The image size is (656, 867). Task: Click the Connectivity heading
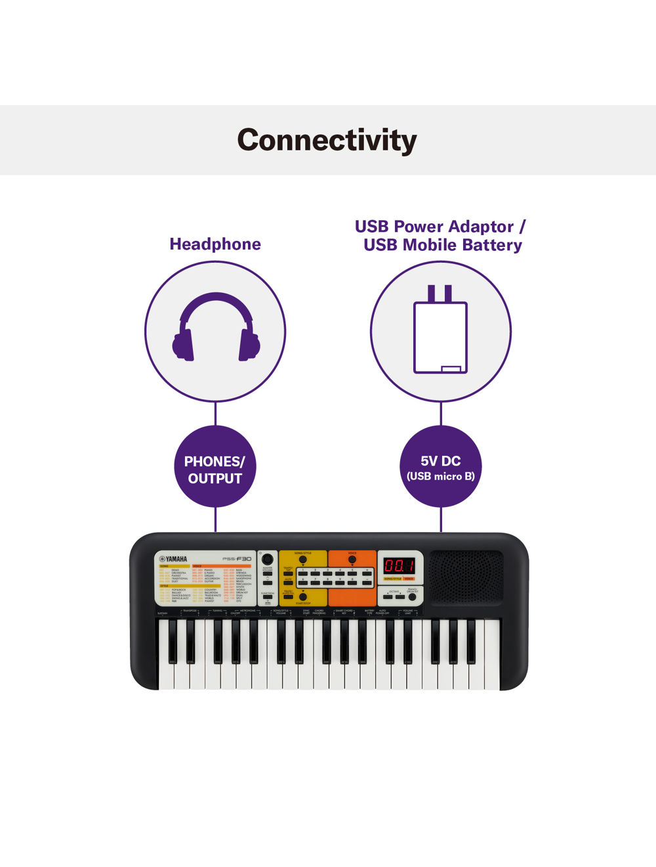(327, 140)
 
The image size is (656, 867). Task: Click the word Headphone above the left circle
(215, 244)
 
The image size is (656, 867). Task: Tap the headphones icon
(216, 327)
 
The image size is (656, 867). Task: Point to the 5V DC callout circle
(440, 467)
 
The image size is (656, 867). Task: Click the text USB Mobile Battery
(443, 245)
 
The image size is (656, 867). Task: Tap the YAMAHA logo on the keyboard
(173, 559)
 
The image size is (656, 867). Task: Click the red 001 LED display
(399, 566)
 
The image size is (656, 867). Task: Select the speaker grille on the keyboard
(466, 577)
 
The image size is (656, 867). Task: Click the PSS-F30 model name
(237, 559)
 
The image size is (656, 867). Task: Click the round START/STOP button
(302, 597)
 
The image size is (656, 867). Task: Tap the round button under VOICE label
(352, 560)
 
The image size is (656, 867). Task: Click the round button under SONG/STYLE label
(302, 560)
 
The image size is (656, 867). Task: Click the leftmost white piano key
(165, 677)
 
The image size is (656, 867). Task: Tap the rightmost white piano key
(492, 677)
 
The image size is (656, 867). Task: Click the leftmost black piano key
(173, 640)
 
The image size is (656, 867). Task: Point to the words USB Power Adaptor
(434, 227)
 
